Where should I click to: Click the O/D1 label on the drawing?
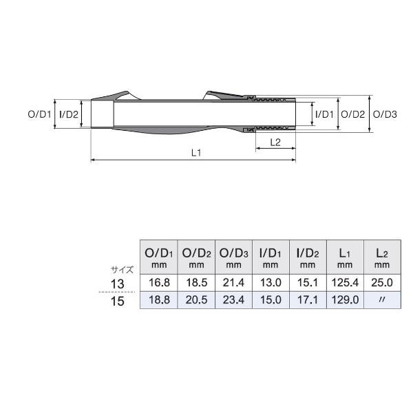tap(39, 114)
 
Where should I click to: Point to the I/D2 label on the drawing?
tap(69, 114)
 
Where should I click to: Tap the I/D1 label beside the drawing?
tap(324, 114)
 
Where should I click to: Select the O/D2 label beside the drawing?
tap(352, 114)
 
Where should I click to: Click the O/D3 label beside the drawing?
tap(385, 114)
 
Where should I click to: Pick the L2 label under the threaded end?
tap(275, 142)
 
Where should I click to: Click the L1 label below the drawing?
tap(196, 153)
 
